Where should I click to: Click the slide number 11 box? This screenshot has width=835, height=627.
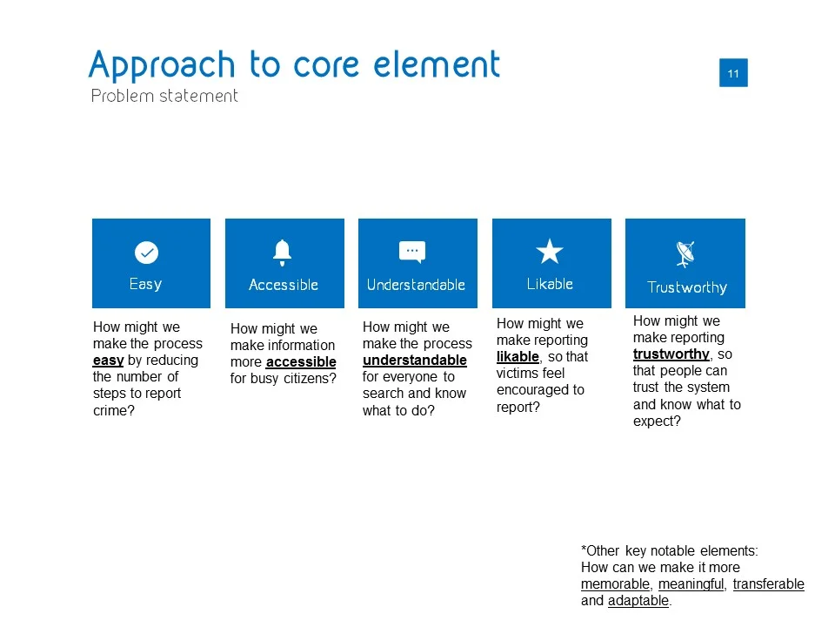point(733,72)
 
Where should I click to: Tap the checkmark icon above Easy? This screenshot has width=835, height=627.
point(146,253)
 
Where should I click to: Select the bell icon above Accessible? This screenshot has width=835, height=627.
point(282,253)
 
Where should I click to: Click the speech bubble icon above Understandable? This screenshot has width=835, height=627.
point(412,252)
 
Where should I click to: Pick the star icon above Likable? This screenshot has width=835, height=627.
point(549,251)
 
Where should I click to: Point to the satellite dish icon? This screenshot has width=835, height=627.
point(685,253)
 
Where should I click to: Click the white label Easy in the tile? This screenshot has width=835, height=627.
point(145,284)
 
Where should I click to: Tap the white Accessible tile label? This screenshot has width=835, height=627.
point(284,285)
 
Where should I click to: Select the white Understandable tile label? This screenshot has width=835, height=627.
point(416,285)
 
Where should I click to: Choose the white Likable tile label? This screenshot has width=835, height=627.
point(550,284)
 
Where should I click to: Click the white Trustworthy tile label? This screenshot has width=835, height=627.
point(687,287)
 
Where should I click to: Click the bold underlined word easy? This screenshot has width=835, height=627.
point(108,361)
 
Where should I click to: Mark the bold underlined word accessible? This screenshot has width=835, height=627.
point(301,362)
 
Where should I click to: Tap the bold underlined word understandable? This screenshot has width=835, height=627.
point(414,361)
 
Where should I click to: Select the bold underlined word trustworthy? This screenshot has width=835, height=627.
point(671,354)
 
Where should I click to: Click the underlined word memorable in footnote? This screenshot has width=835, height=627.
point(615,584)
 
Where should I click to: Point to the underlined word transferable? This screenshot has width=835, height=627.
point(768,584)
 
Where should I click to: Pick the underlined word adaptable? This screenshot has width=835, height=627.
point(638,601)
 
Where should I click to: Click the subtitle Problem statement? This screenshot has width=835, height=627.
point(164,96)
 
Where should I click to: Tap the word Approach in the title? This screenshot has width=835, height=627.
point(162,65)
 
